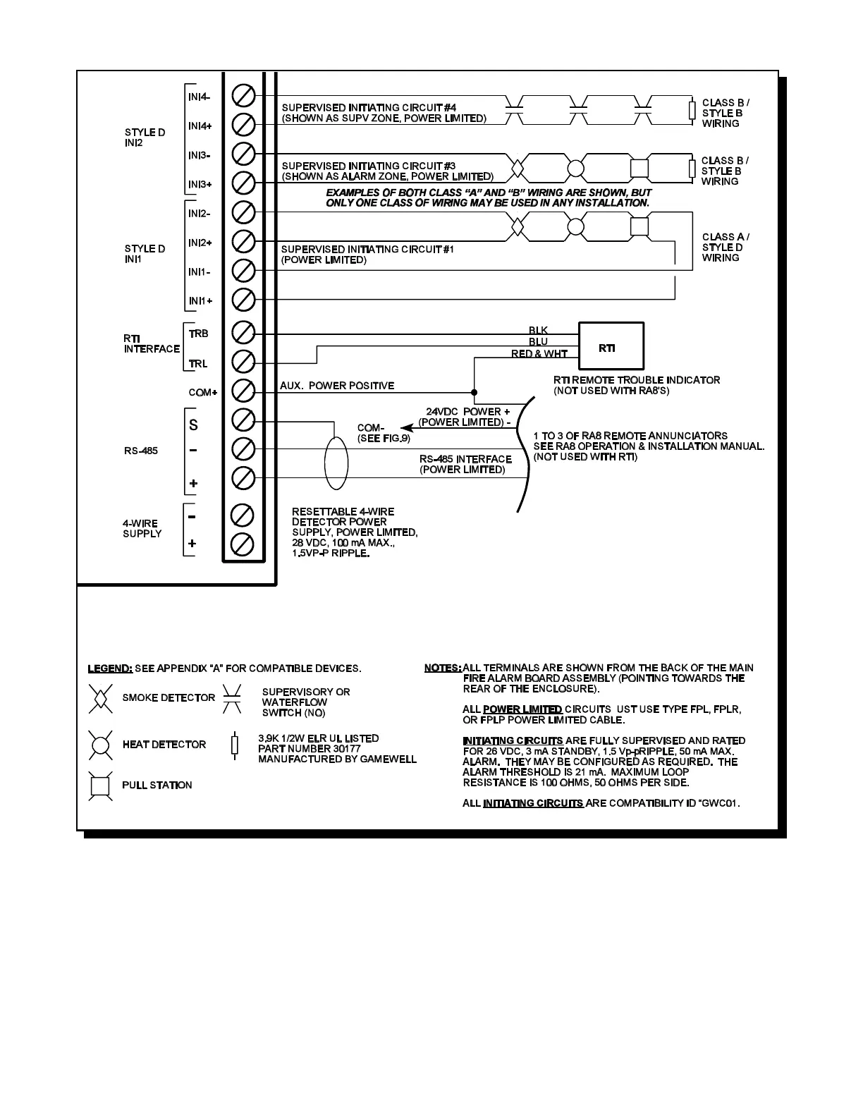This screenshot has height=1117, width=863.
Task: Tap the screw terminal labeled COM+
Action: (x=243, y=390)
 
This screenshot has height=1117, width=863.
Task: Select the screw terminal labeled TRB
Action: (x=243, y=331)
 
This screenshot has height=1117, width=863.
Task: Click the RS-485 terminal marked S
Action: (x=243, y=420)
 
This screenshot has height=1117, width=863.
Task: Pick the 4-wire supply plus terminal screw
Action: (x=243, y=544)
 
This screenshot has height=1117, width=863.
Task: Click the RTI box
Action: (x=611, y=348)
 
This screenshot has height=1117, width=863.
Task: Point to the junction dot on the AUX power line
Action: (x=474, y=391)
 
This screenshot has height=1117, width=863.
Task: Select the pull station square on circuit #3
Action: (x=639, y=169)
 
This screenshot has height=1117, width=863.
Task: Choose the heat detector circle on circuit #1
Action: (x=577, y=227)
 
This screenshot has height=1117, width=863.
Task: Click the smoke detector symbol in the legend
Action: (x=100, y=698)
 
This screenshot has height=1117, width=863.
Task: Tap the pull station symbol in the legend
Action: (x=100, y=785)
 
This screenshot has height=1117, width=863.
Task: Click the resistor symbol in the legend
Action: (x=235, y=745)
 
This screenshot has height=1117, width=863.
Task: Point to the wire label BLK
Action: (x=538, y=331)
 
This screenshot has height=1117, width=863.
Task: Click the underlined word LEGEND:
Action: (x=109, y=669)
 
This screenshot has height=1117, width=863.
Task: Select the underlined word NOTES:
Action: (x=443, y=668)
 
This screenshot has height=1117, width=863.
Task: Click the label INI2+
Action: (x=200, y=243)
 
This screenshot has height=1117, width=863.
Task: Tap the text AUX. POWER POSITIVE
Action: (x=337, y=386)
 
